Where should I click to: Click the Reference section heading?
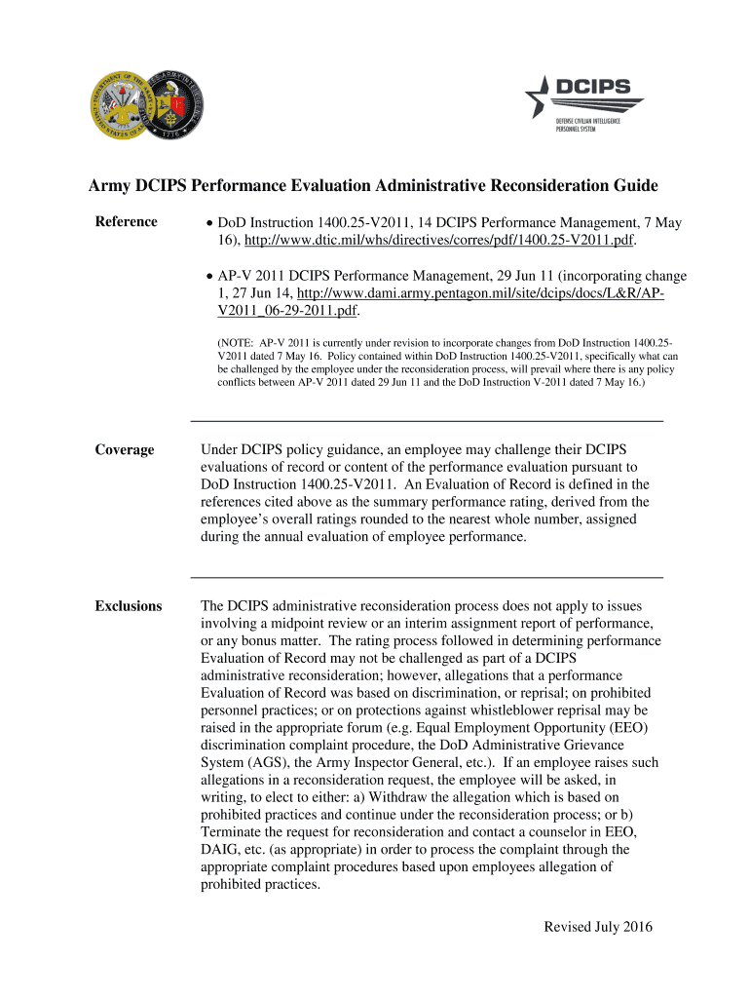coord(126,222)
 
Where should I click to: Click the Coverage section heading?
coord(124,449)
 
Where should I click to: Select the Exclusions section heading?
coord(128,606)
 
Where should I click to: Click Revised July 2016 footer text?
coord(597,927)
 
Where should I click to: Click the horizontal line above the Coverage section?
coord(427,420)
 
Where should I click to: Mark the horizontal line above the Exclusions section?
coord(427,578)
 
